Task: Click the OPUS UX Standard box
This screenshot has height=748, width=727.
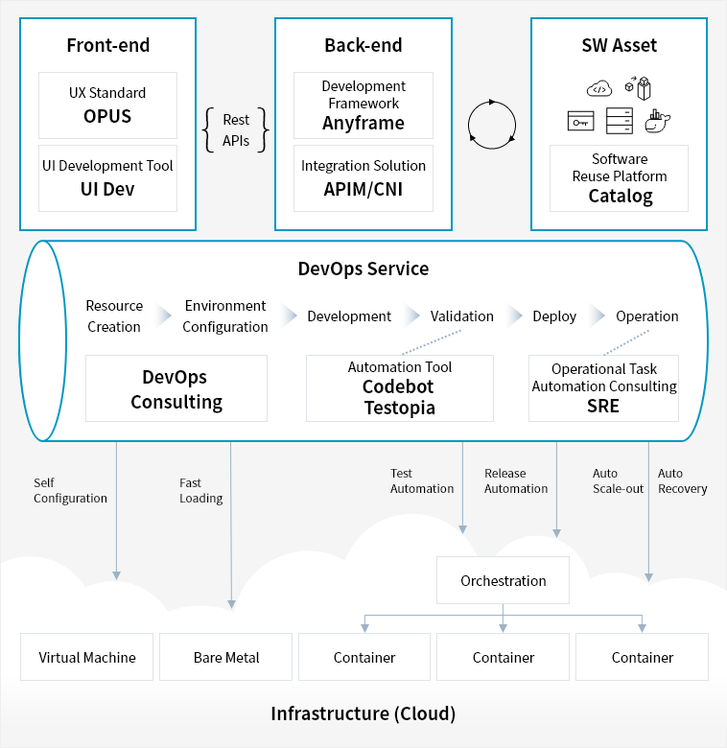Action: [107, 105]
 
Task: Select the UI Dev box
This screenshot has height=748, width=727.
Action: [107, 178]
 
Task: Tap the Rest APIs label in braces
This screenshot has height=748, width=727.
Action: [236, 130]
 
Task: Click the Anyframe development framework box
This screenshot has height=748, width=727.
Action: [363, 105]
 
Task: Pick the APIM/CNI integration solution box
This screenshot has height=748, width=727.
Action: [363, 178]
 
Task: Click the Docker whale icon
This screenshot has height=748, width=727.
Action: [657, 121]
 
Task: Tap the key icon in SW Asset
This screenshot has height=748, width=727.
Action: [580, 121]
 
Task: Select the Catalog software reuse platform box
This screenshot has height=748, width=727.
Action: [619, 178]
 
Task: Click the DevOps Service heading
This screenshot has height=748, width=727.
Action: [363, 269]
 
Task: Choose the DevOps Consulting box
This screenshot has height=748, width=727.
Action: [176, 388]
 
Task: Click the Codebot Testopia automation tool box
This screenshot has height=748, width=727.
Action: [400, 388]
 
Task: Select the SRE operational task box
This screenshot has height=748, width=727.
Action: [603, 388]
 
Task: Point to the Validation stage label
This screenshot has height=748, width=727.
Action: [461, 316]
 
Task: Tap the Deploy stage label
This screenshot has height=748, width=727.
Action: [554, 316]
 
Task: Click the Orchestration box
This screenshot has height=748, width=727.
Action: [503, 580]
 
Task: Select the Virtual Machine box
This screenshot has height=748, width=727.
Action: [87, 657]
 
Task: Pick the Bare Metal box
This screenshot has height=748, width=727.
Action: [225, 657]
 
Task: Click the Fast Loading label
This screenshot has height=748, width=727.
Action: [200, 490]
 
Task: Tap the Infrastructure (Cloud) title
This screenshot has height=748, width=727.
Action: [363, 713]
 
